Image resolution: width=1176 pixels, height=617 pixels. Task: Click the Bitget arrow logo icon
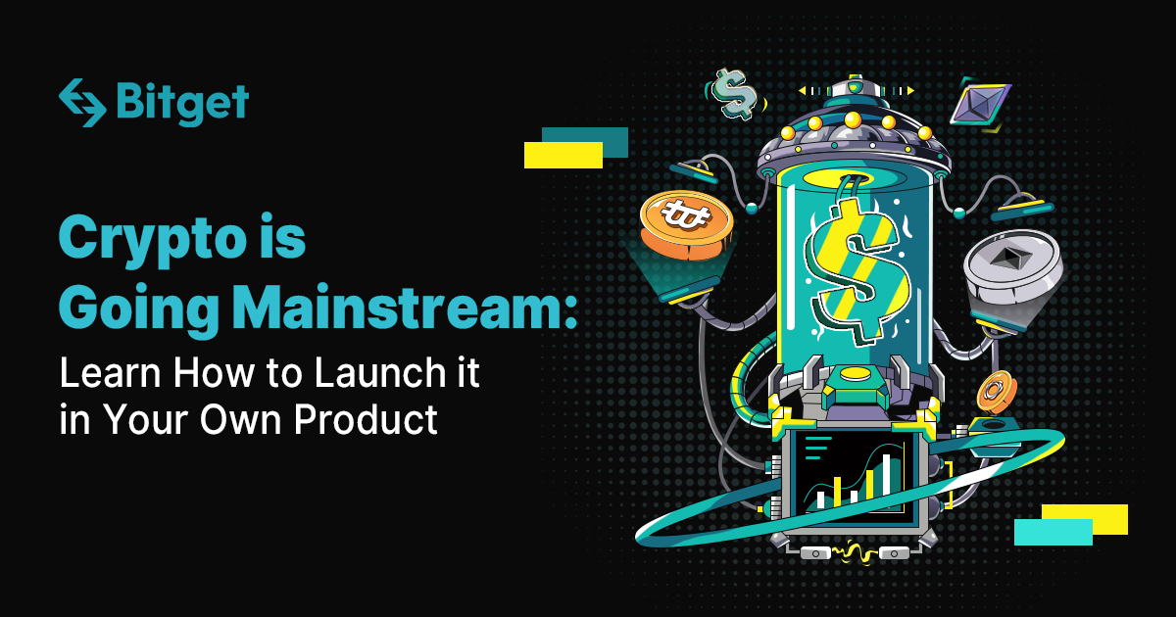(x=82, y=103)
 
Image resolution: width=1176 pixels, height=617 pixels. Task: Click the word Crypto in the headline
(x=152, y=240)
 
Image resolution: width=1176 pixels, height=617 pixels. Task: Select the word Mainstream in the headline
(x=404, y=306)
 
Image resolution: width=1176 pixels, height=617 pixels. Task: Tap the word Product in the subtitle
(x=366, y=419)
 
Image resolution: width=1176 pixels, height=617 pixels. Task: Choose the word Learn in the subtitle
(x=110, y=372)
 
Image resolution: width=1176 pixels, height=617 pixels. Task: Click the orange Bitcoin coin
(x=686, y=225)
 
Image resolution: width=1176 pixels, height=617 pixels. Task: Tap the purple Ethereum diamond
(x=981, y=105)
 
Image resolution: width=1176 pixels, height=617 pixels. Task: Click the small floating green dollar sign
(x=734, y=94)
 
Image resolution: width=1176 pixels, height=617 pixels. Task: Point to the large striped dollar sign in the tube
(x=856, y=271)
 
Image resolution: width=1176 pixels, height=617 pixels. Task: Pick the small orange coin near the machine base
(x=997, y=392)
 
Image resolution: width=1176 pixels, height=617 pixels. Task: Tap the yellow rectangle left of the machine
(x=563, y=156)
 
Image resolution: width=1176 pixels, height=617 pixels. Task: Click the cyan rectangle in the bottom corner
(x=1053, y=532)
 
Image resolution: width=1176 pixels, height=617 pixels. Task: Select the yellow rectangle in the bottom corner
(x=1085, y=519)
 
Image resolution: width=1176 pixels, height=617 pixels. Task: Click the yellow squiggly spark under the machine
(x=855, y=553)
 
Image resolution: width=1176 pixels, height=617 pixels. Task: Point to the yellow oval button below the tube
(x=856, y=374)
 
